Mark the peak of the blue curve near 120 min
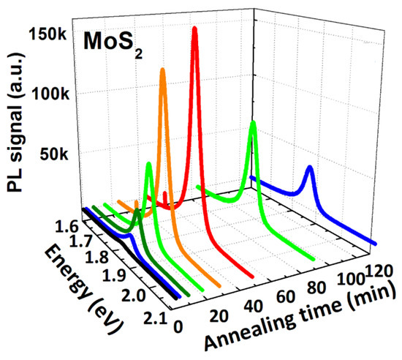(x=310, y=168)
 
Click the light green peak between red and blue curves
(x=253, y=123)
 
